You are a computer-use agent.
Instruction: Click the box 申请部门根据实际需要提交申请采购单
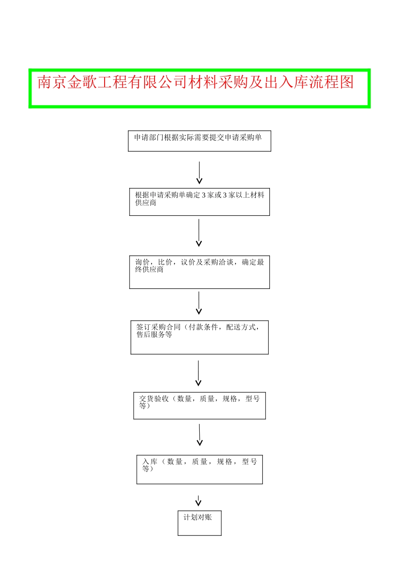tap(199, 141)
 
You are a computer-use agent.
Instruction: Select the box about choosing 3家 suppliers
tap(199, 202)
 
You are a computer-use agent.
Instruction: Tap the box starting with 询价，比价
tap(199, 272)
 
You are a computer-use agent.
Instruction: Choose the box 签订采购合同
tap(199, 337)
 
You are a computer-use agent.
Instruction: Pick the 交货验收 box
tap(199, 405)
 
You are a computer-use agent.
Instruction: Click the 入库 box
tap(199, 469)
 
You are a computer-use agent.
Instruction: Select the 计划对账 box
tap(199, 523)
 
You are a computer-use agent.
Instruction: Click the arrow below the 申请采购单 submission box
tap(199, 173)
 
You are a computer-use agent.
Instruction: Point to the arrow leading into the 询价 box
tap(199, 233)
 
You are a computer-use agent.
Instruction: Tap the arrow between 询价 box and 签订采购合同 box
tap(199, 303)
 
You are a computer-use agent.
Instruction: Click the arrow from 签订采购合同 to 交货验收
tap(198, 373)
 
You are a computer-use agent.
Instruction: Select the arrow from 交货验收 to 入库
tap(200, 435)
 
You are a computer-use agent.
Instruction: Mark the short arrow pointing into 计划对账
tap(198, 501)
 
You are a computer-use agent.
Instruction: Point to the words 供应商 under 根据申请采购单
tap(146, 203)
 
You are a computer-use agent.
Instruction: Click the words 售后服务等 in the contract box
tap(154, 335)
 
